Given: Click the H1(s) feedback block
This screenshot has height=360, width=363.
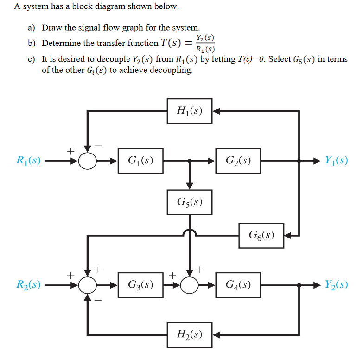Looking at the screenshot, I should coord(189,111).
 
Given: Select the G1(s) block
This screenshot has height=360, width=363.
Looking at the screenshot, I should coord(140,161).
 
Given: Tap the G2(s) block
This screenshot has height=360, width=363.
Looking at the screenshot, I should coord(238,161).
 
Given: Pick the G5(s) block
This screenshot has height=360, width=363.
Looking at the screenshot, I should coord(189,202).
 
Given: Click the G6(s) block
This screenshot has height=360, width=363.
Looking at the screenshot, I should coord(261,235).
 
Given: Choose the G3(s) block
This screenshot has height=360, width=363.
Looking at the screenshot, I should coord(140,285).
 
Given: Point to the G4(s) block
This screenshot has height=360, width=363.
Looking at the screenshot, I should coord(238,285).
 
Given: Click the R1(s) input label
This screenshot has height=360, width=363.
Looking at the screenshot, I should coord(28,161).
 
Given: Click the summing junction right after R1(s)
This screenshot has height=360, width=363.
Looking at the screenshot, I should coord(87,161).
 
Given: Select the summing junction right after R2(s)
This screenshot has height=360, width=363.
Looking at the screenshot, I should coord(87,285).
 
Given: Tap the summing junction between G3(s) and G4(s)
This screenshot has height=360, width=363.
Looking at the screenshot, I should coord(189,285).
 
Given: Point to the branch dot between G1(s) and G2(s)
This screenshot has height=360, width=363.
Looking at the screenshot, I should coord(189,161).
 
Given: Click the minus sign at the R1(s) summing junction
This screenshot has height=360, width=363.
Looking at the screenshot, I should coord(98,145).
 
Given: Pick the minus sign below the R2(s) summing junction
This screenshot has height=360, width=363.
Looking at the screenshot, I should coord(98,301).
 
